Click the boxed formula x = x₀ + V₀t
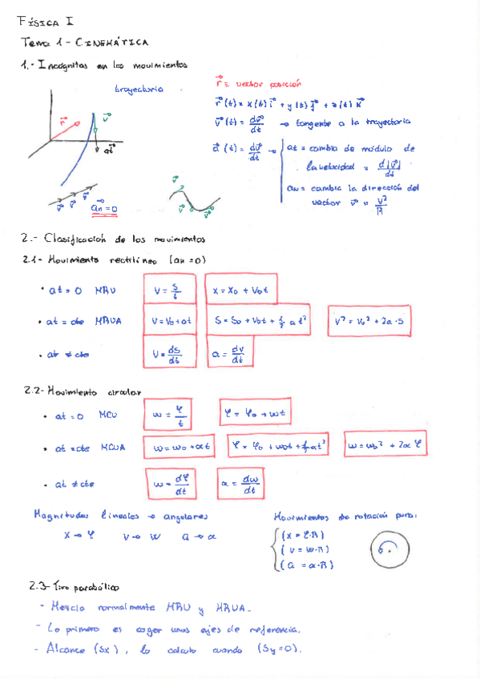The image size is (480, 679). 240,291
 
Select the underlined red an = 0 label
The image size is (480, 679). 104,208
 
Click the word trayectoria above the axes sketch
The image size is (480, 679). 139,89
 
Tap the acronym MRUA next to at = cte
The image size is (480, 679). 109,322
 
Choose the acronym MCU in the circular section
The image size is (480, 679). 107,416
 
